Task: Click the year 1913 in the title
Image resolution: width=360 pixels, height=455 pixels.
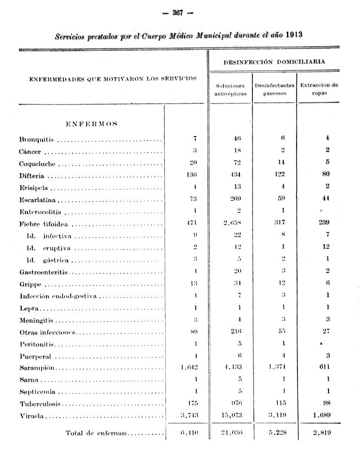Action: (295, 34)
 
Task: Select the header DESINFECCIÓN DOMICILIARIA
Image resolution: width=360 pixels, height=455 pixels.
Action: (274, 62)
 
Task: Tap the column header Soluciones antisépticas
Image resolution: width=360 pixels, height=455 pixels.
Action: (230, 89)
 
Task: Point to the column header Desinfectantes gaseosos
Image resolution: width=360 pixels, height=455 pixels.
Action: (274, 89)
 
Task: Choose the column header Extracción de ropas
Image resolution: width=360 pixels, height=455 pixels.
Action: (318, 89)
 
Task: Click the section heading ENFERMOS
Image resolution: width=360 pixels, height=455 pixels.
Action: (91, 123)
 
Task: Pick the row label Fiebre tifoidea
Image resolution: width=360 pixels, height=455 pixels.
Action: (44, 224)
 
